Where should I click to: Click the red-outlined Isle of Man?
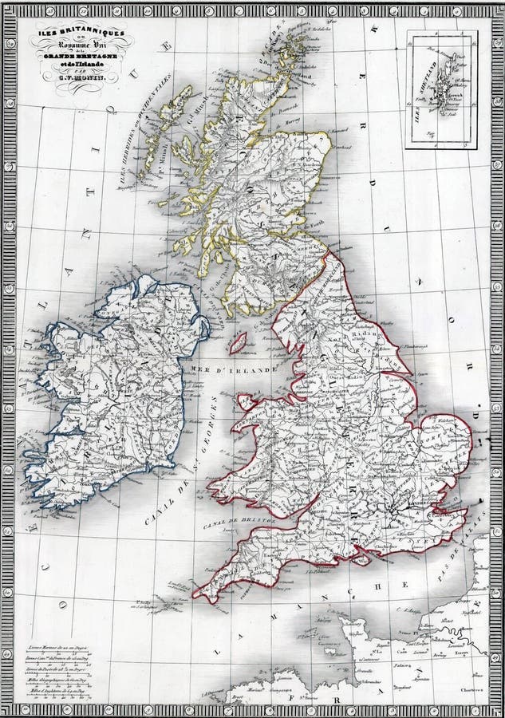[236, 344]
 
